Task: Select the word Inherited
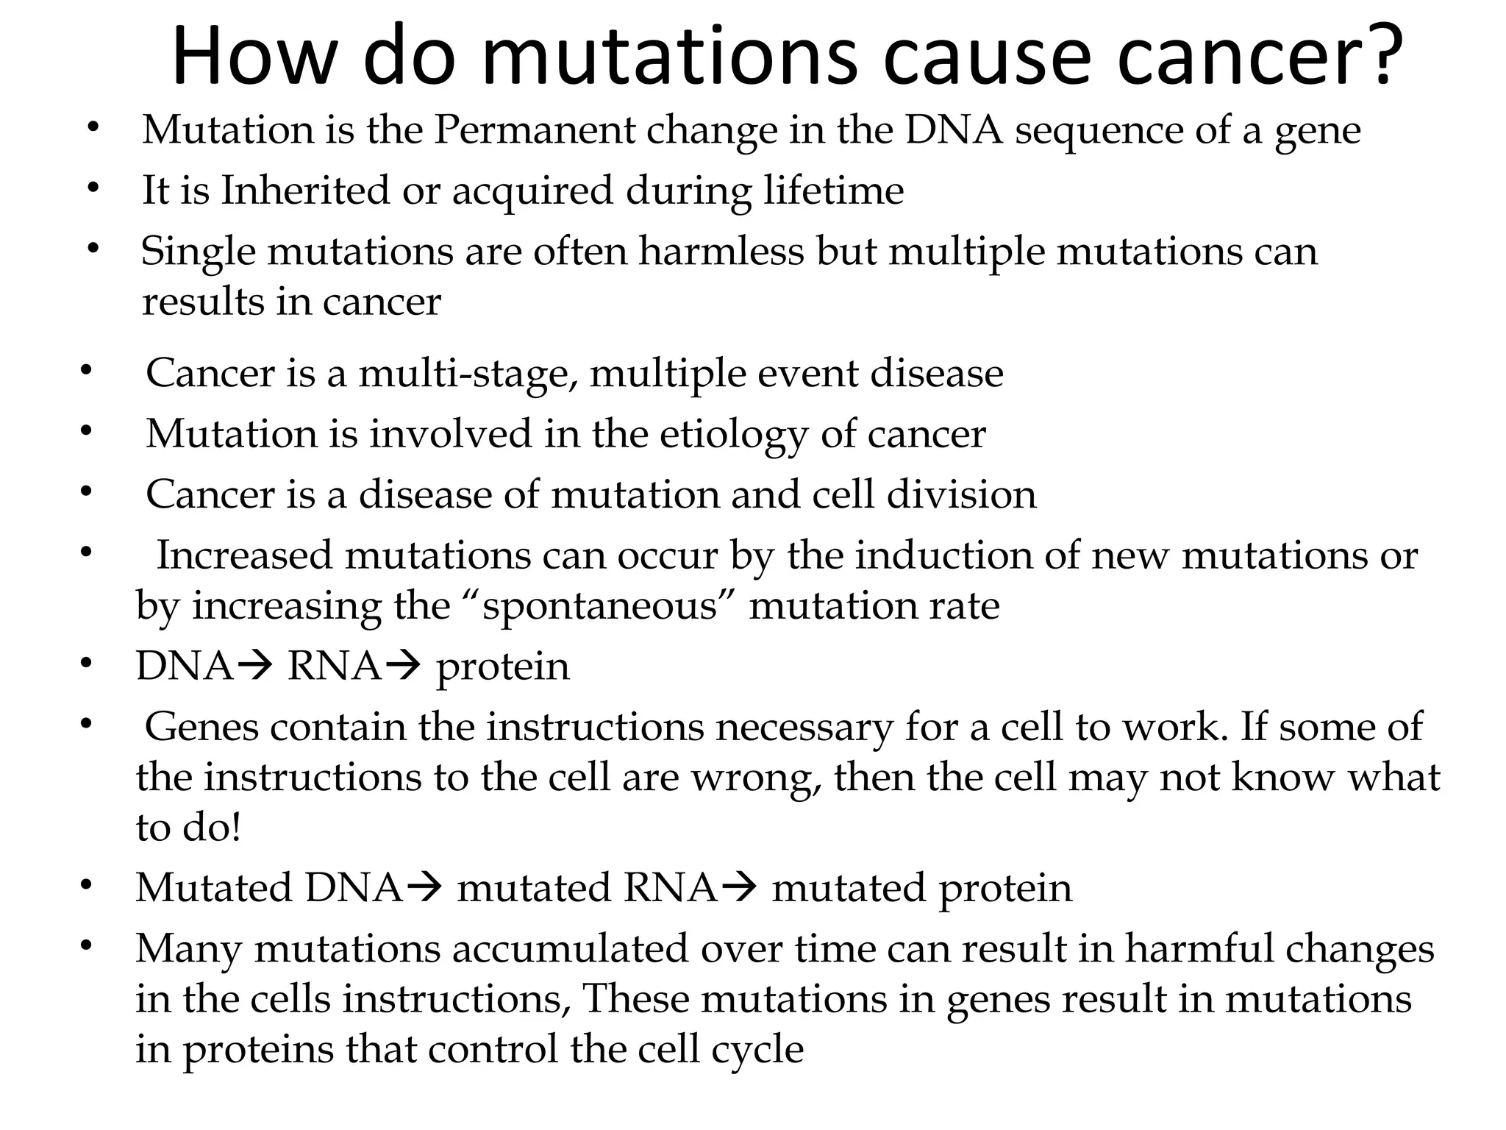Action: pos(306,191)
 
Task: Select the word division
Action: pos(961,494)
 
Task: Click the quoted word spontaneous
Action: pos(599,607)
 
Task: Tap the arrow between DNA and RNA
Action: pos(257,667)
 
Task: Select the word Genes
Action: pos(202,727)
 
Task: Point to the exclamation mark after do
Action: pos(236,828)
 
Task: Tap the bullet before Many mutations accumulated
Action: pos(86,945)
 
